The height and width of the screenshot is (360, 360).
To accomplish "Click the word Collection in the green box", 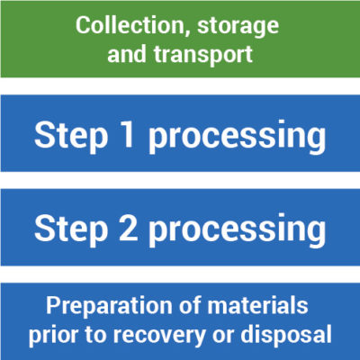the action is click(x=129, y=25).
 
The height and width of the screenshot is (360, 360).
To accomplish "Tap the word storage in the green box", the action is click(x=238, y=28).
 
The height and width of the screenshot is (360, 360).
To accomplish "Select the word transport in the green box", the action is click(x=203, y=55).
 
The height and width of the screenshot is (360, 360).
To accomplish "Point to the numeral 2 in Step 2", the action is click(x=129, y=228).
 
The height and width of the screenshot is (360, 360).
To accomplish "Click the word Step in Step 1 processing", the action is click(x=71, y=136).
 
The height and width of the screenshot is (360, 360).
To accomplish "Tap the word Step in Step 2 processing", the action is click(x=71, y=229).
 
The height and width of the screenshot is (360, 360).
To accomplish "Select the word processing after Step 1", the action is click(x=237, y=138).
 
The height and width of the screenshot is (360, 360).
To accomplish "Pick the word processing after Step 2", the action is click(x=237, y=231).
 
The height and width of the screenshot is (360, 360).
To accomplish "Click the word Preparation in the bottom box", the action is click(x=109, y=307).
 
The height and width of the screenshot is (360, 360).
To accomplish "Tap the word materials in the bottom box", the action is click(x=257, y=305).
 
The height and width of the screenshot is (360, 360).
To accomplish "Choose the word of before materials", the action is click(x=190, y=305).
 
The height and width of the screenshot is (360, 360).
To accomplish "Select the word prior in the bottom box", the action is click(x=53, y=336).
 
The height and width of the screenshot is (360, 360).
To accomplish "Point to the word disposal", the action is click(x=286, y=334).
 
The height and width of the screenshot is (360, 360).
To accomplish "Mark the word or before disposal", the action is click(x=222, y=336).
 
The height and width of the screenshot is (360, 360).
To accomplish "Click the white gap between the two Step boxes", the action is click(x=180, y=180).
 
